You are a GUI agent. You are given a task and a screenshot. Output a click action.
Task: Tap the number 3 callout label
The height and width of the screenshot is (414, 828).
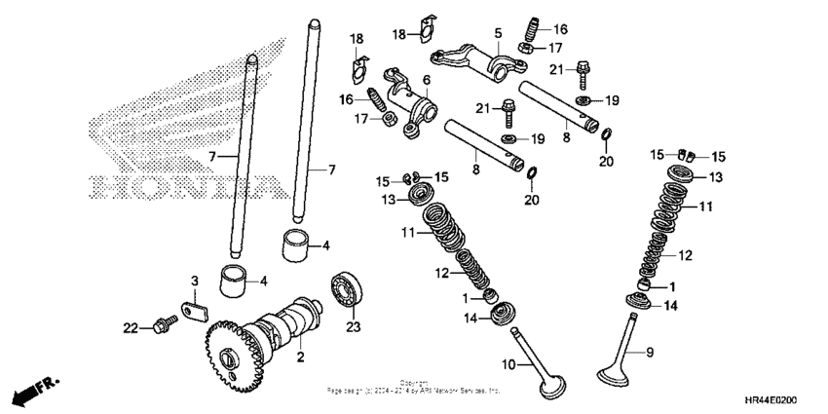coord(194,282)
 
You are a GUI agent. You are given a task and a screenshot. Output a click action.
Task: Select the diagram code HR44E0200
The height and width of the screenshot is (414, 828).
coord(783,401)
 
